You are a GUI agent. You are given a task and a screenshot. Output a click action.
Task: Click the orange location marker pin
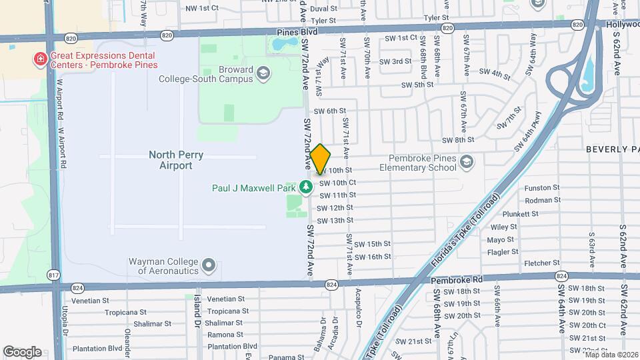(321, 159)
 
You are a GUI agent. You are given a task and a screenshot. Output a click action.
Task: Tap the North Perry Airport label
(175, 160)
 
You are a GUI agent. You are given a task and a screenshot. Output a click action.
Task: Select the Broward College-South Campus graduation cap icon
(263, 73)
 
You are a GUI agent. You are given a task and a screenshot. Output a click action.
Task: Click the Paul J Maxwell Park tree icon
(306, 187)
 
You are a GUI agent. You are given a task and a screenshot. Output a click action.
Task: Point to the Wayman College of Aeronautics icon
(209, 266)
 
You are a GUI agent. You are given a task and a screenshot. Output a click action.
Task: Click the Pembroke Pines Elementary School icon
(467, 162)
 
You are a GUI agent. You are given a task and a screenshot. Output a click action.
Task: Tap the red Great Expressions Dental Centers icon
(41, 60)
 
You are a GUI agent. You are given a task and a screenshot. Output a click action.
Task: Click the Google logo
(22, 352)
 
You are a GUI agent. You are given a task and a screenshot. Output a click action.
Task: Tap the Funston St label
(541, 188)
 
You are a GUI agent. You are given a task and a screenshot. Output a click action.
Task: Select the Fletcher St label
(541, 263)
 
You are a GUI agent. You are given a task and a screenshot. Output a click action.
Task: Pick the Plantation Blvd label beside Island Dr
(232, 347)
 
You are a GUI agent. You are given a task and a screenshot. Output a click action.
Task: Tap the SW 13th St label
(335, 221)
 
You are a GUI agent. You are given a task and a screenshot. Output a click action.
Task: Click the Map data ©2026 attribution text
(611, 354)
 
